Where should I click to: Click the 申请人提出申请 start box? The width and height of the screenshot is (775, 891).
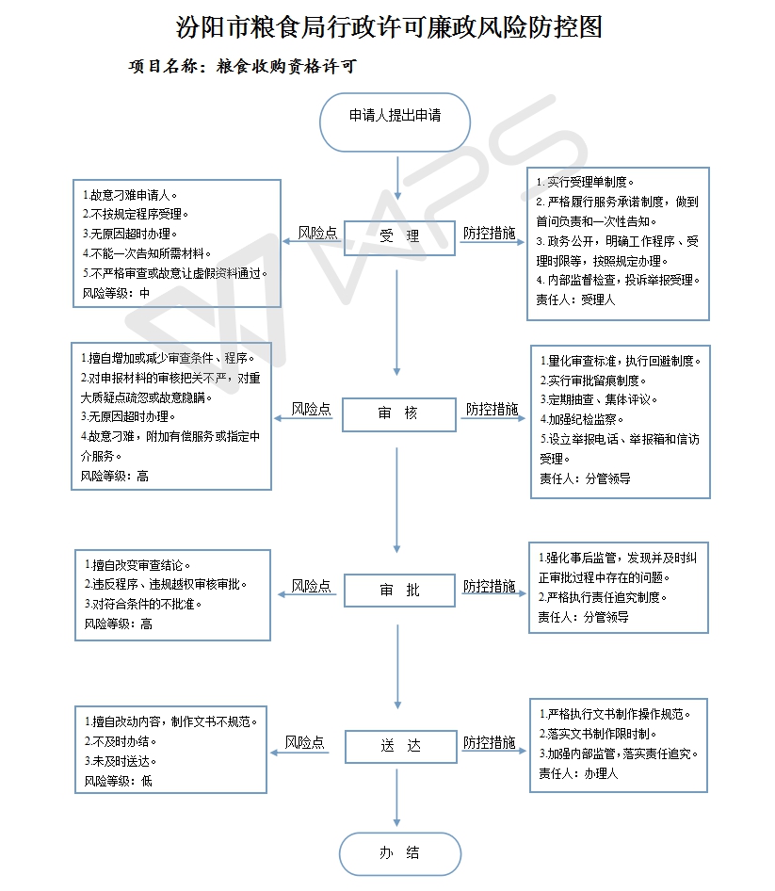395,122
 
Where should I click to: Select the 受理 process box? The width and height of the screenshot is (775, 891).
399,237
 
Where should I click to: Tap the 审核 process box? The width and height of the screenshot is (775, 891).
399,414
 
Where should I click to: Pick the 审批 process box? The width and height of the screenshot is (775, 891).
399,591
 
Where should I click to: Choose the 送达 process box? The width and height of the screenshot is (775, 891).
401,746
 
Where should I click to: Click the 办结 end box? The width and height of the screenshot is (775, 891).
400,853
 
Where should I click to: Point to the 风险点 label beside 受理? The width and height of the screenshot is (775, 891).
317,233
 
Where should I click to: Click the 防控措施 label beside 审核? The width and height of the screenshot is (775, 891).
492,409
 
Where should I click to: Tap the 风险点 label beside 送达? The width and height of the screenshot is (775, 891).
304,742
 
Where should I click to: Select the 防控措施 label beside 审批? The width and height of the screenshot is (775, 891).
490,586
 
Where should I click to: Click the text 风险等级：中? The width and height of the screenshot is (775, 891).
116,293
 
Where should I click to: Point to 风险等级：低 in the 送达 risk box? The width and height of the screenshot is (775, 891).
119,782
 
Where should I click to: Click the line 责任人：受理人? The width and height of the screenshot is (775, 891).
575,300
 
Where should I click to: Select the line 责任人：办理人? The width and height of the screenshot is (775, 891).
578,773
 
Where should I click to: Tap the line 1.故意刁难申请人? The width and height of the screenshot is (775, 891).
130,196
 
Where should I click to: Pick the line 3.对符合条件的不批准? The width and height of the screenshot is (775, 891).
143,604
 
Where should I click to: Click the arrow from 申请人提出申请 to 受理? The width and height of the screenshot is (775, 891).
397,178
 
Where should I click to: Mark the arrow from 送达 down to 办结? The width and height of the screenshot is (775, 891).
397,798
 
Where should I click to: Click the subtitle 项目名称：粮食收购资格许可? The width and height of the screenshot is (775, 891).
243,67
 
